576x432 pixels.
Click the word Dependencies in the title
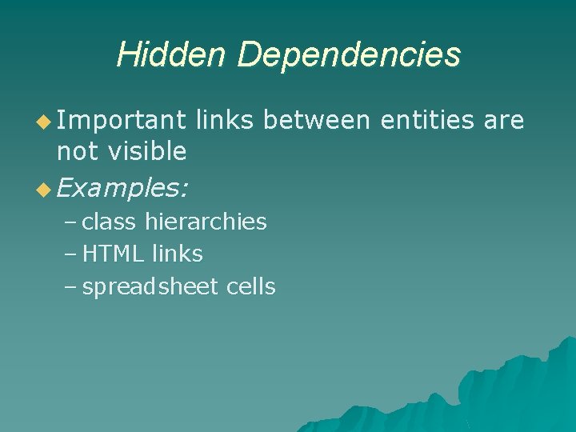tap(348, 54)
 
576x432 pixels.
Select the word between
tap(316, 120)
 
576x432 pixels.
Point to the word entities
tap(427, 120)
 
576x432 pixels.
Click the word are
tap(504, 120)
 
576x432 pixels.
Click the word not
tap(74, 150)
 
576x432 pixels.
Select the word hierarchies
tap(206, 221)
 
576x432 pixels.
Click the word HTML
tap(114, 254)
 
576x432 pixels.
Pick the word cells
tap(251, 286)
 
